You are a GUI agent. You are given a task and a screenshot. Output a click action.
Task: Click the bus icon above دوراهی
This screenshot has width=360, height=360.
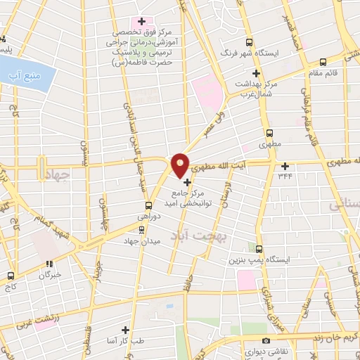pos(148,206)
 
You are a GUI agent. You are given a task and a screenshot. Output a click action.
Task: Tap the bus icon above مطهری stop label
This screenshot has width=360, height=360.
pos(269,131)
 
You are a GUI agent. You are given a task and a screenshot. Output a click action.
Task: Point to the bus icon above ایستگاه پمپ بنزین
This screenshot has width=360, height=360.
pos(259,249)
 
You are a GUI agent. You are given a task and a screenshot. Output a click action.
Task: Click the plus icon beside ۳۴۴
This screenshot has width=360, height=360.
pos(285,167)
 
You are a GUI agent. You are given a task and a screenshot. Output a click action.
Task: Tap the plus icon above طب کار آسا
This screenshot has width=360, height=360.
pos(126,329)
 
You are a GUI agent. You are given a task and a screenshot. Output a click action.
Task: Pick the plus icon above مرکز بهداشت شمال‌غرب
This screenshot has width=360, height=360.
pos(256,72)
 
